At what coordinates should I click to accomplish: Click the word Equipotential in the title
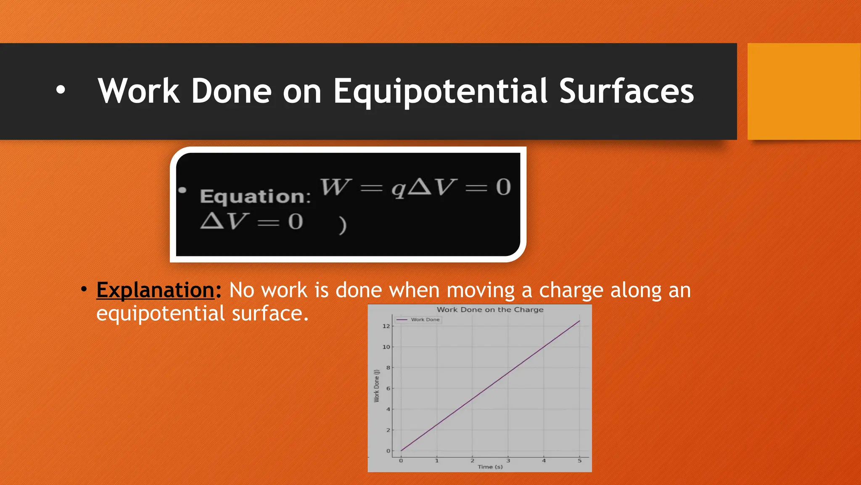click(x=441, y=91)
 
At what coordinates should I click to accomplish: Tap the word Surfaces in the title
click(x=626, y=91)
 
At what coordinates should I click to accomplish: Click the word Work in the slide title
click(x=139, y=91)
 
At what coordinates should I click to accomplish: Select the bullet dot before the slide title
click(x=61, y=90)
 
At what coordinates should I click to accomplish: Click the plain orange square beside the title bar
click(x=803, y=91)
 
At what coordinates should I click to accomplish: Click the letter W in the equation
click(x=335, y=187)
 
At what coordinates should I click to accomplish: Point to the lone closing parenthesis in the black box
click(x=343, y=225)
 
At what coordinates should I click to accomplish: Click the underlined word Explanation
click(x=156, y=290)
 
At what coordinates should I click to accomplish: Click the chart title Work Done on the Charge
click(x=490, y=309)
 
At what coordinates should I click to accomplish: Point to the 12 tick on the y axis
click(x=386, y=326)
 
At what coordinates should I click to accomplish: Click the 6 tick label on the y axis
click(x=388, y=388)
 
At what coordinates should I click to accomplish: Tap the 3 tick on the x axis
click(x=508, y=461)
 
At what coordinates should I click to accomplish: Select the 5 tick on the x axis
click(x=579, y=461)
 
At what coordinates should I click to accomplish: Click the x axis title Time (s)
click(x=490, y=467)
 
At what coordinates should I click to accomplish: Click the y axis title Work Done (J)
click(x=377, y=386)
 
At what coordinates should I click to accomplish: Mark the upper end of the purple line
click(x=579, y=321)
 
